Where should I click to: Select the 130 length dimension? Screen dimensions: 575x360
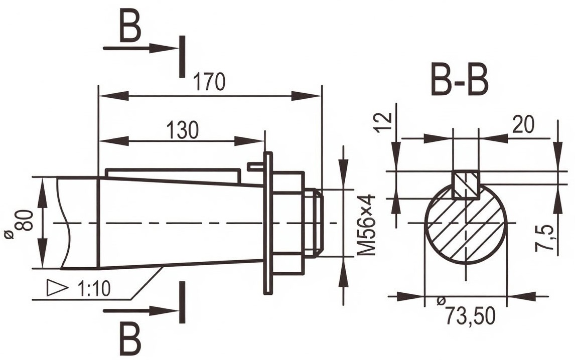pyautogui.click(x=182, y=130)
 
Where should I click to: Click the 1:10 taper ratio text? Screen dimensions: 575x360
pyautogui.click(x=94, y=289)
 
